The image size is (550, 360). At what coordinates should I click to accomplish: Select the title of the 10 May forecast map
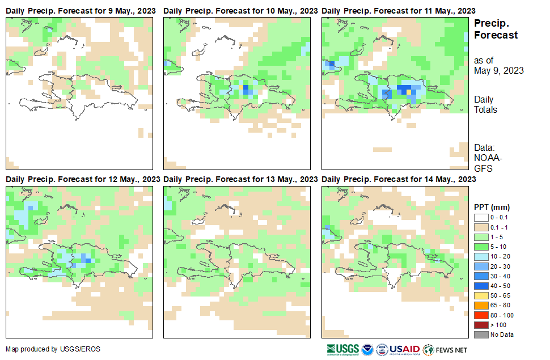coord(240,11)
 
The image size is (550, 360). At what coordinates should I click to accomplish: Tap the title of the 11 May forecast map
coord(399,11)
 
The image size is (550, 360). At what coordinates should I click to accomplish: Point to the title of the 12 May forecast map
coord(83,179)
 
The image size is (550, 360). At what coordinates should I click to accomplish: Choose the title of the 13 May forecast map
coord(240,179)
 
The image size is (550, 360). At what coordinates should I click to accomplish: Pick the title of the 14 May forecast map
coord(399,179)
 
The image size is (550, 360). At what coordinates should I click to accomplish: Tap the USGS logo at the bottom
coord(342,349)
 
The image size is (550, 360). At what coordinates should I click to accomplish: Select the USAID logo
coord(404,349)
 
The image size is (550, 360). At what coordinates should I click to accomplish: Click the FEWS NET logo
coord(445,349)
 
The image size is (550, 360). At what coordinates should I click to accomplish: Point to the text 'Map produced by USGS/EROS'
coord(53,349)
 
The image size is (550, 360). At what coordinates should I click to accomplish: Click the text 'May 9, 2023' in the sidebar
coord(499,71)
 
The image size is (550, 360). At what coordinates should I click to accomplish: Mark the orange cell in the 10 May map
coord(246,87)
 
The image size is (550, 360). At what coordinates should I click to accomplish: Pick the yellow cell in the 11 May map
coord(409,92)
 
